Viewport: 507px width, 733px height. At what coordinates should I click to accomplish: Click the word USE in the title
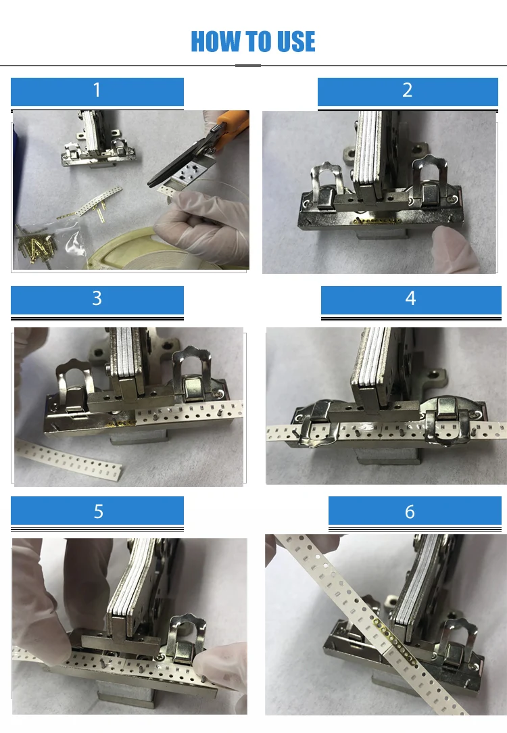click(x=293, y=42)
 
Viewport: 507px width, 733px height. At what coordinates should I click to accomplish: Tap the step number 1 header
click(x=97, y=91)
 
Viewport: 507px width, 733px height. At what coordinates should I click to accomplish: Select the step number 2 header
click(x=408, y=91)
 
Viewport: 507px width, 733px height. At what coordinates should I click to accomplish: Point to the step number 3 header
click(x=97, y=299)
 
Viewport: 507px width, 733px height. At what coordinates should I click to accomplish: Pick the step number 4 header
click(x=410, y=299)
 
